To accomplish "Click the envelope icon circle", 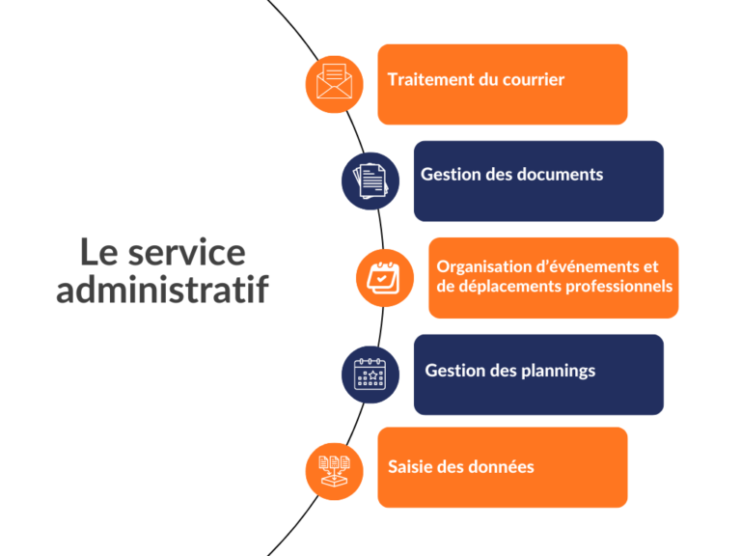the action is (x=334, y=84).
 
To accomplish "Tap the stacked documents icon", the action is (x=370, y=181).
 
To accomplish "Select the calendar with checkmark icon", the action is (x=384, y=278).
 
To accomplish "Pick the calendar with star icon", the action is (x=370, y=374).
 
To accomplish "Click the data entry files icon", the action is (x=334, y=471).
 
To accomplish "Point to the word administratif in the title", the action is (x=162, y=289).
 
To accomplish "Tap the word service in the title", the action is (x=186, y=253).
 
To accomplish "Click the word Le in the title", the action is (x=98, y=253).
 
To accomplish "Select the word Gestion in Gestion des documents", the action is (x=451, y=175).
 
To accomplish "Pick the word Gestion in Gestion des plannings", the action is (x=455, y=371).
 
